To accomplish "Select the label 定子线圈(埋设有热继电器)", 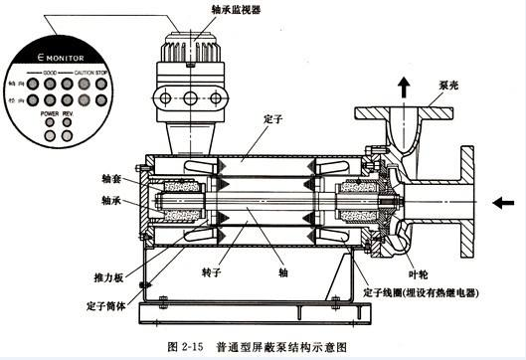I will pyautogui.click(x=430, y=292).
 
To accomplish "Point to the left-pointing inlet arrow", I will pyautogui.click(x=503, y=200).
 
